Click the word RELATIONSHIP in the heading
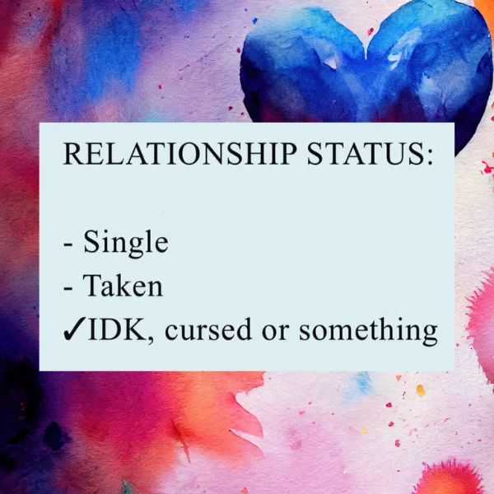179,154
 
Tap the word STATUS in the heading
366,154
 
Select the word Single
126,244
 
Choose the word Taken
123,285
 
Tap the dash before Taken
68,288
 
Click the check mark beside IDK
74,329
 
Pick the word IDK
118,329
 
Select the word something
368,331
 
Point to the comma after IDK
150,339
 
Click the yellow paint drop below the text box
420,390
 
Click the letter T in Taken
93,285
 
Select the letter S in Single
91,241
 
